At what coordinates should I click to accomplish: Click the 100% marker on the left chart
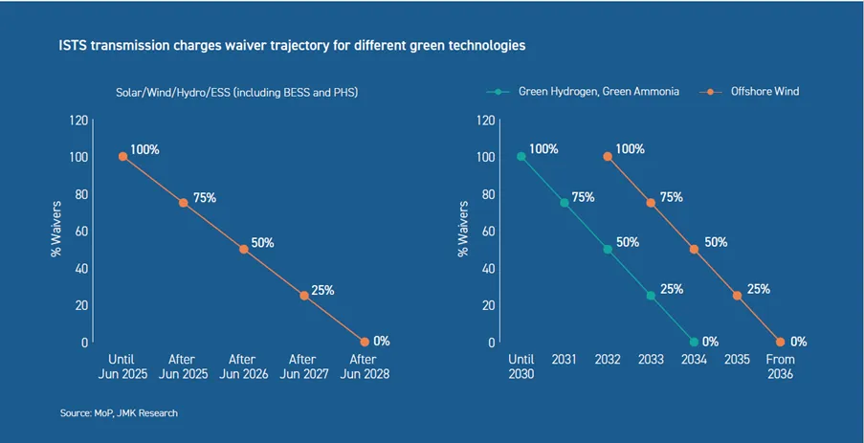pyautogui.click(x=123, y=157)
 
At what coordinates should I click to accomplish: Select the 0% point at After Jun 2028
pyautogui.click(x=365, y=342)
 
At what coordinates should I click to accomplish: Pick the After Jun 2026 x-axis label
pyautogui.click(x=244, y=367)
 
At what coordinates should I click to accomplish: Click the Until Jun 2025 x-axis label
pyautogui.click(x=123, y=367)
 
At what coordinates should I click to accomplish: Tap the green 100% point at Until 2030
pyautogui.click(x=521, y=157)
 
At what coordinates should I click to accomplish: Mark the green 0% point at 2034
pyautogui.click(x=694, y=342)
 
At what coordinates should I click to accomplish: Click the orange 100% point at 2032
pyautogui.click(x=608, y=157)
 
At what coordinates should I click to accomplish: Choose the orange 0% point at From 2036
pyautogui.click(x=780, y=342)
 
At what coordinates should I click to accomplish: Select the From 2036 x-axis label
pyautogui.click(x=780, y=367)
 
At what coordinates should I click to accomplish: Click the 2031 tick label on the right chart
pyautogui.click(x=565, y=361)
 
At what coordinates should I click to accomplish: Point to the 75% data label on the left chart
pyautogui.click(x=205, y=197)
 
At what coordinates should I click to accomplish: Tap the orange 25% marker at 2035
pyautogui.click(x=737, y=296)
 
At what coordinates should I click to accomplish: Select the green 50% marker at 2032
pyautogui.click(x=608, y=249)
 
